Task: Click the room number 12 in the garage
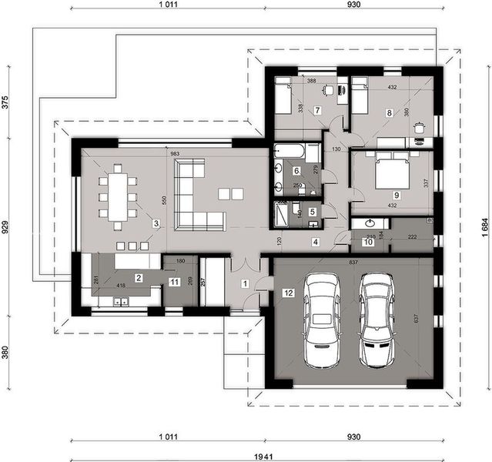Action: (x=287, y=293)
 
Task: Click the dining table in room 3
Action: (x=117, y=197)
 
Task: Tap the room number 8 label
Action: (x=390, y=113)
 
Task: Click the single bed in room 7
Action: (x=283, y=96)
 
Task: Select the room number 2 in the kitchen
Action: (x=139, y=277)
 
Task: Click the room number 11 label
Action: (x=174, y=283)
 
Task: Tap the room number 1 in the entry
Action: (x=246, y=284)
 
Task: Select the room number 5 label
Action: (x=312, y=212)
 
